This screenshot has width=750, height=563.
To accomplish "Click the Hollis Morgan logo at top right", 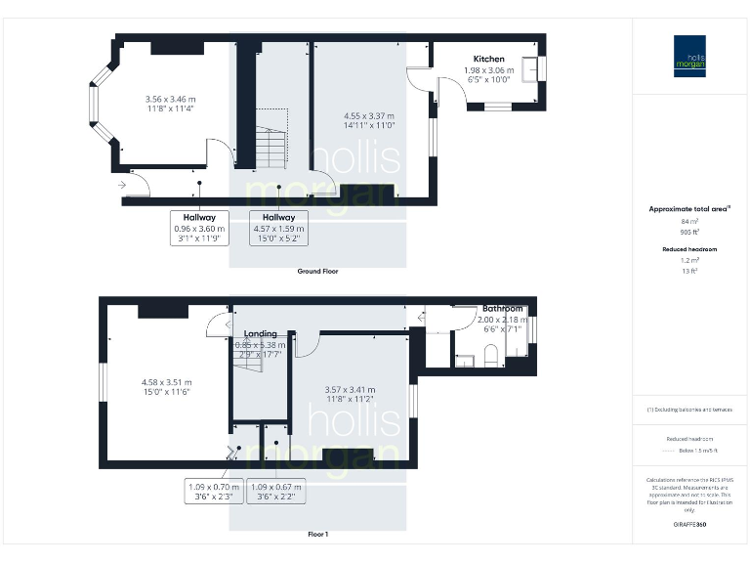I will click(689, 57).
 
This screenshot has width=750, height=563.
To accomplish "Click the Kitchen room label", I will click(489, 59).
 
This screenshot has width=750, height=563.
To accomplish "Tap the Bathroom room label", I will click(502, 309).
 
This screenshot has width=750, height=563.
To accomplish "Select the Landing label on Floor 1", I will click(261, 333).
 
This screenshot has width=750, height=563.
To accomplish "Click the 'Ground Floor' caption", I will click(318, 271).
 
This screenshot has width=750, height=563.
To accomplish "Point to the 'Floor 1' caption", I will click(318, 535).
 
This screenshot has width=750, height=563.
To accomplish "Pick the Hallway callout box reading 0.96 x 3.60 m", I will click(200, 228).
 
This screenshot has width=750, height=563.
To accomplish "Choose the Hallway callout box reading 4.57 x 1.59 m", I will click(278, 228).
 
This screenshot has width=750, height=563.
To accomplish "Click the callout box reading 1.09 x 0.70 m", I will click(212, 491).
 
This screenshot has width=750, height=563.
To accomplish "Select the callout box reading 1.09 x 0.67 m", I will click(277, 491).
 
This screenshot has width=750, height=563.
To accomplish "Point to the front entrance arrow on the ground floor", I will click(122, 184).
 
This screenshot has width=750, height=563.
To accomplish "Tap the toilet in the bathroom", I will click(492, 353).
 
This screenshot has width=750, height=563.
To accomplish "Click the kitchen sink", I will click(531, 69).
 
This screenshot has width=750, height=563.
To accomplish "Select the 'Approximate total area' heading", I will click(689, 209).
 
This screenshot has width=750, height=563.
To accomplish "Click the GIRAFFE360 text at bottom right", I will click(689, 525).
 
